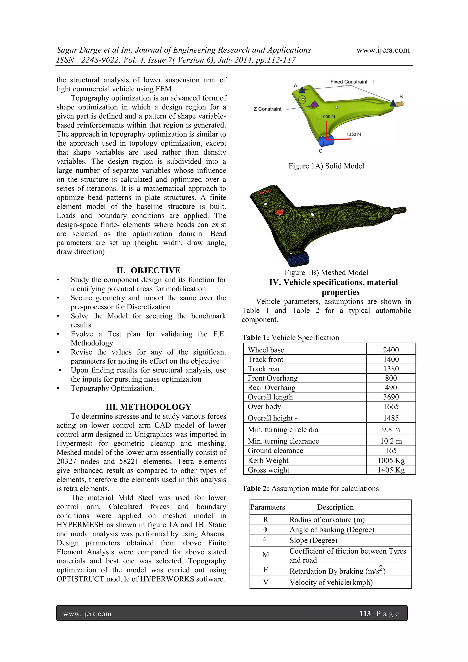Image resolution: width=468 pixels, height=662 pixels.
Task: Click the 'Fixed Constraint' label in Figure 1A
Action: click(349, 82)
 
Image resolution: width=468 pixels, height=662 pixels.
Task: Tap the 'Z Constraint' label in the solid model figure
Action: click(267, 109)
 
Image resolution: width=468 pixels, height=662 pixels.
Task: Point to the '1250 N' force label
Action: click(354, 134)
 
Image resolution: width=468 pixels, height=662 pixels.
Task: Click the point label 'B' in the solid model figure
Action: click(401, 97)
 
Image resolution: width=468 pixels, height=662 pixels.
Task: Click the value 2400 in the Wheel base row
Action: click(391, 350)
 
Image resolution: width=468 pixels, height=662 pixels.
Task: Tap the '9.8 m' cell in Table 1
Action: click(391, 430)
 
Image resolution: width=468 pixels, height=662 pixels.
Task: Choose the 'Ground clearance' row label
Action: click(275, 451)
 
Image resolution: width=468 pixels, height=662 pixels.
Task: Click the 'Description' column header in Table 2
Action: click(335, 507)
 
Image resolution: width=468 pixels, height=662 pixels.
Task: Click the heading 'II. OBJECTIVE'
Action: click(148, 271)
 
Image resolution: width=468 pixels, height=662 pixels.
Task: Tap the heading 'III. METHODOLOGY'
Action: click(148, 407)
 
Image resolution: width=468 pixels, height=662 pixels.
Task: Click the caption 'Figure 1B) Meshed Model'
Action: click(326, 272)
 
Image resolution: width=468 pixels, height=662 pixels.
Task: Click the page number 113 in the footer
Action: click(365, 614)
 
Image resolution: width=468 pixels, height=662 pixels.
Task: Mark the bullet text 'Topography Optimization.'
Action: click(112, 388)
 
